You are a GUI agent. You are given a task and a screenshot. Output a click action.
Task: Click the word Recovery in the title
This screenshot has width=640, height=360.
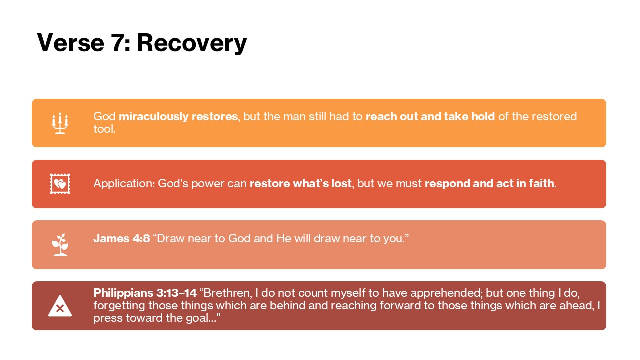pyautogui.click(x=191, y=43)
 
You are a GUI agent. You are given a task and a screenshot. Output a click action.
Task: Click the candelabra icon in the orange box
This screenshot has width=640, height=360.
pyautogui.click(x=60, y=123)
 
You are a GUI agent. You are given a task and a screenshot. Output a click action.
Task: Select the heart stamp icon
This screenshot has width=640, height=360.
pyautogui.click(x=60, y=184)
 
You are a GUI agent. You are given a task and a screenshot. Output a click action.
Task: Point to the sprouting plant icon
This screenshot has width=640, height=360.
pyautogui.click(x=60, y=245)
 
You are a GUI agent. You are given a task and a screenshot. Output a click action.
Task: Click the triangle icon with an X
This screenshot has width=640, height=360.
pyautogui.click(x=60, y=306)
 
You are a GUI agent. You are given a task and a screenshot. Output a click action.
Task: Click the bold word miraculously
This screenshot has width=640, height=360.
pyautogui.click(x=154, y=117)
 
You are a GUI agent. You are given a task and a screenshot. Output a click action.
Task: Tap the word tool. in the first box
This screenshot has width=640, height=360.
pyautogui.click(x=105, y=129)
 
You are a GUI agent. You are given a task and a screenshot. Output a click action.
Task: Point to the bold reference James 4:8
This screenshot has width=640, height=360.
pyautogui.click(x=122, y=238)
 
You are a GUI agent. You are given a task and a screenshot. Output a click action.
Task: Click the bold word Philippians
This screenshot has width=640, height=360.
pyautogui.click(x=123, y=293)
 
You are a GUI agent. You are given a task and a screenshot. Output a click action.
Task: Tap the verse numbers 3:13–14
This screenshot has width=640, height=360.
pyautogui.click(x=177, y=293)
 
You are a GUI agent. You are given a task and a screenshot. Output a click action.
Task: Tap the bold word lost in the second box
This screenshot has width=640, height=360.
pyautogui.click(x=341, y=183)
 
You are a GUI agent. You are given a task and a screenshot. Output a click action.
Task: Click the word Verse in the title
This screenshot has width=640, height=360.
pyautogui.click(x=71, y=43)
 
